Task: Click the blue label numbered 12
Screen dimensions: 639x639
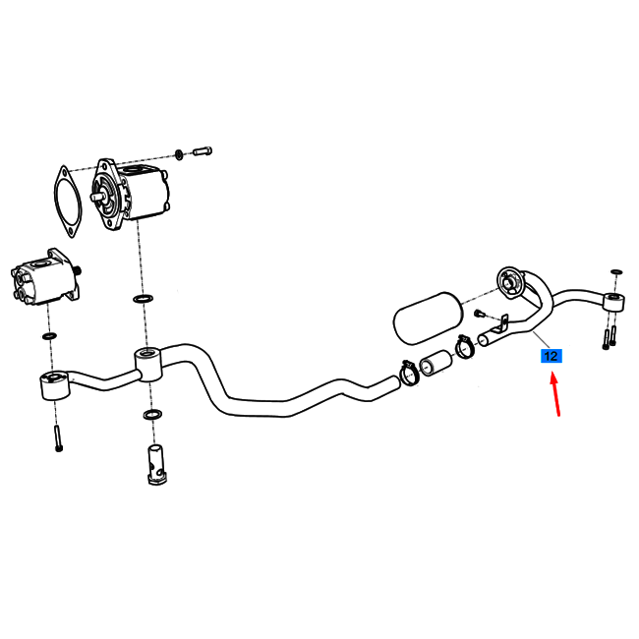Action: (x=551, y=356)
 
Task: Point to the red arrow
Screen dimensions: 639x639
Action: (x=555, y=394)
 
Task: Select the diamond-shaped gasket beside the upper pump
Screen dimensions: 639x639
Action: (x=68, y=202)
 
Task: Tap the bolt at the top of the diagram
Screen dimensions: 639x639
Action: (x=203, y=151)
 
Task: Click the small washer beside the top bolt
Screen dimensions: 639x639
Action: (x=179, y=155)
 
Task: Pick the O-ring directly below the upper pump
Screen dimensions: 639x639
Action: (x=144, y=299)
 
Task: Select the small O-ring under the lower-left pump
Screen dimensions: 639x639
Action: (x=49, y=336)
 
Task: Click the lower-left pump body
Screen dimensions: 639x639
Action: (x=45, y=278)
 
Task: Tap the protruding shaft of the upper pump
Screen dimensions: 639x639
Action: (x=97, y=197)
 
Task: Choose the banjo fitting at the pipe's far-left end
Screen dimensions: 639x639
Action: (x=55, y=385)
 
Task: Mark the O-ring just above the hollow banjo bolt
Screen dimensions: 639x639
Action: (x=152, y=415)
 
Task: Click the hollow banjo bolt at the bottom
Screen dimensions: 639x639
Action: (x=157, y=465)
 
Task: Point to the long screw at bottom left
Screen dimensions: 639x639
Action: (x=58, y=438)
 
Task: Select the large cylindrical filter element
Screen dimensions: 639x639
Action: (x=428, y=318)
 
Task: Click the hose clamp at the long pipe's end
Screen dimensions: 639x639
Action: (x=410, y=373)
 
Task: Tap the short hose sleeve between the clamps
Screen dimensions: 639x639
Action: (x=436, y=363)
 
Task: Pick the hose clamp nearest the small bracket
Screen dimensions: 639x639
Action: (x=465, y=347)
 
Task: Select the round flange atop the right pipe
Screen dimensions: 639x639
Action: (x=510, y=282)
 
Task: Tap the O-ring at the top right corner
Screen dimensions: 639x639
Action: (x=616, y=271)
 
